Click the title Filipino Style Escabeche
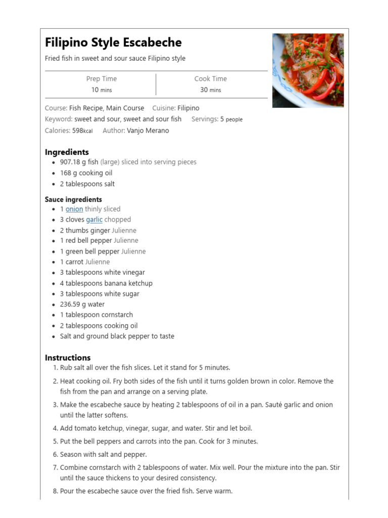click(113, 42)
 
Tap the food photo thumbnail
click(308, 70)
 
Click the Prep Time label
click(101, 79)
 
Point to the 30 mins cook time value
click(211, 90)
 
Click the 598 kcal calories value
click(82, 131)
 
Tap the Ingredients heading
click(67, 152)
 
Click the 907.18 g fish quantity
click(79, 162)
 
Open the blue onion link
click(74, 209)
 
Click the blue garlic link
click(94, 220)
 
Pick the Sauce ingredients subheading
click(73, 199)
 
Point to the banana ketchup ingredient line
click(106, 283)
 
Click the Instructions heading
click(68, 358)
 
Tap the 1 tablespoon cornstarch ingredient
click(96, 315)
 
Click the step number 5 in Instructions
click(56, 442)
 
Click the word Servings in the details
click(205, 119)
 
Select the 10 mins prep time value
click(101, 90)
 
